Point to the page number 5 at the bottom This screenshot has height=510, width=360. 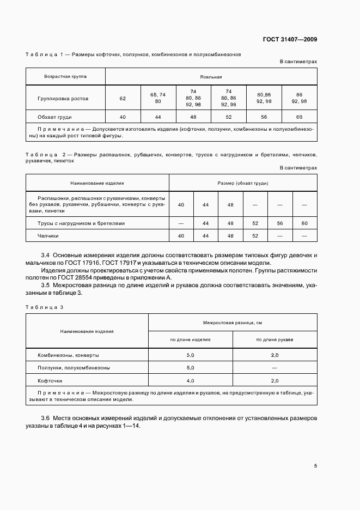(x=315, y=466)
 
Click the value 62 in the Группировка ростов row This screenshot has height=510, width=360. (x=123, y=99)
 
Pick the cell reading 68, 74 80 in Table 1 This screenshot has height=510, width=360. (x=158, y=98)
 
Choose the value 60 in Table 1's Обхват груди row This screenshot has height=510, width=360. (x=299, y=117)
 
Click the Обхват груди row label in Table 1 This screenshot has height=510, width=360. (x=55, y=117)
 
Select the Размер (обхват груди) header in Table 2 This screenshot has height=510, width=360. (x=243, y=183)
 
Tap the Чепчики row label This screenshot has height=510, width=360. (x=48, y=236)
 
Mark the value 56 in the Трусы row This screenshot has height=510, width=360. (x=280, y=223)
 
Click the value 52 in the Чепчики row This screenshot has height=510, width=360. (x=255, y=236)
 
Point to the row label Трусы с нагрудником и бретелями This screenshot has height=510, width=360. (x=81, y=223)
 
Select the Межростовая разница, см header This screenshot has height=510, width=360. (x=233, y=323)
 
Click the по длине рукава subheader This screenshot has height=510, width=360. (x=274, y=339)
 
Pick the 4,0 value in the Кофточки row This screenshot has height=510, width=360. (x=191, y=381)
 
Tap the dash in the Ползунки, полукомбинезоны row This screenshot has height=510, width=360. (x=274, y=368)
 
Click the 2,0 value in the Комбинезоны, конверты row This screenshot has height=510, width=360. (x=274, y=355)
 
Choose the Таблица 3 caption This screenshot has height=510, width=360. (x=45, y=307)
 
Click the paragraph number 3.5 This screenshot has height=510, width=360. (x=46, y=285)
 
